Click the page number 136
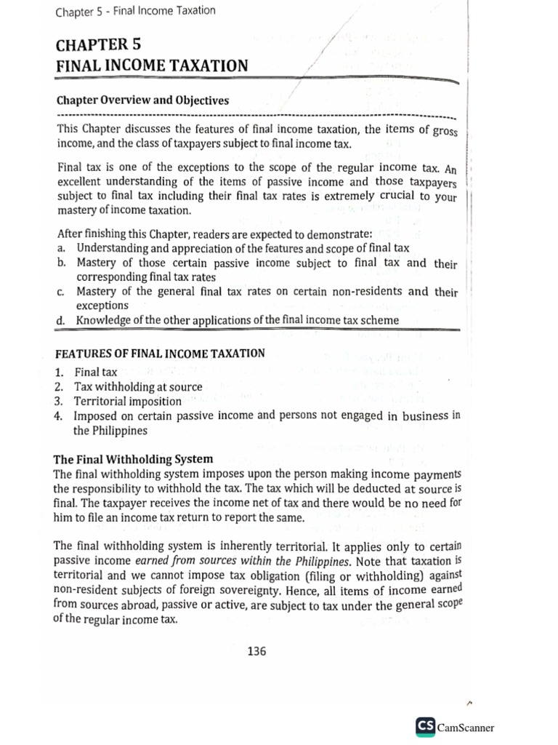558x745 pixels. pos(256,651)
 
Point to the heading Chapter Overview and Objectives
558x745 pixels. pos(142,100)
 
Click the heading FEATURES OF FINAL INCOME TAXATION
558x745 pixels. pos(160,354)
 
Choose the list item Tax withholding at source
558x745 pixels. pos(138,386)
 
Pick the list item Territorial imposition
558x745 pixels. pos(127,401)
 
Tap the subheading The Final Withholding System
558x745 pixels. pos(134,459)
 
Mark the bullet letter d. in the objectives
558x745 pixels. pos(60,320)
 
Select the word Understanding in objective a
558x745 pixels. pos(116,249)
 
